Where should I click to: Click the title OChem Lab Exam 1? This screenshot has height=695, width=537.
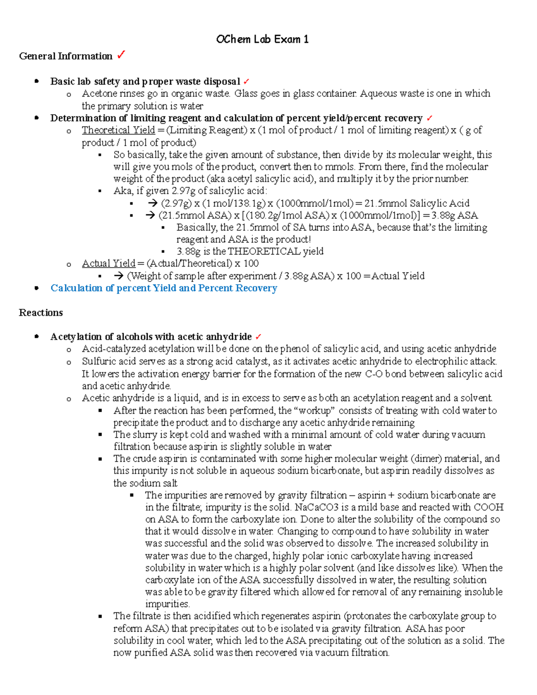[x=262, y=39]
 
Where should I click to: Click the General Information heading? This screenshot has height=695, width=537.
[x=66, y=56]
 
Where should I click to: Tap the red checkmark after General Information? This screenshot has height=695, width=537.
[x=121, y=55]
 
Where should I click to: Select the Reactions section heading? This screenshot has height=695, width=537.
[x=41, y=313]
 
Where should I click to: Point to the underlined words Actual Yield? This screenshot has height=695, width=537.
[x=108, y=264]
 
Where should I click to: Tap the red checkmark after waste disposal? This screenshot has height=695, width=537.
[x=247, y=81]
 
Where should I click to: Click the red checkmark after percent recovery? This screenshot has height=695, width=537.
[x=430, y=118]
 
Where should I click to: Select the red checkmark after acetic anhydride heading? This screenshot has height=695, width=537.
[x=258, y=337]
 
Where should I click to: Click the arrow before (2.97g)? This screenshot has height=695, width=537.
[x=152, y=203]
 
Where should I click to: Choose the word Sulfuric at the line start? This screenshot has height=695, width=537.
[x=96, y=362]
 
